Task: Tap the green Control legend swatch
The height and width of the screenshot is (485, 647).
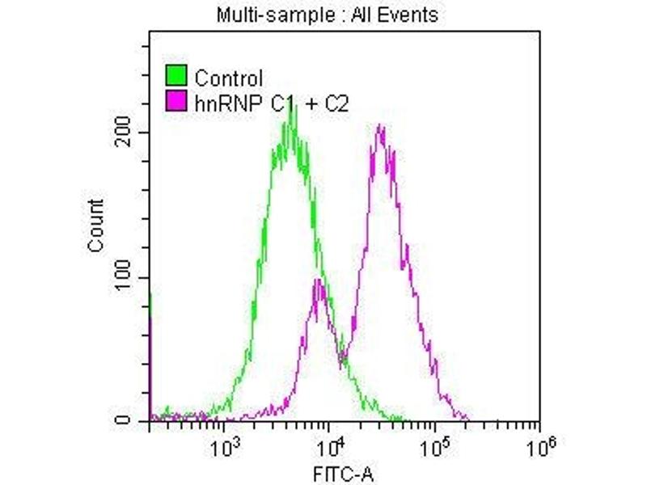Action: coord(176,76)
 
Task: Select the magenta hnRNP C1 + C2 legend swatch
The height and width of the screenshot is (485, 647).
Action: coord(176,100)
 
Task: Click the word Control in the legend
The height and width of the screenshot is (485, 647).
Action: coord(229,78)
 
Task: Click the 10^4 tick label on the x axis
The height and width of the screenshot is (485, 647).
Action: coord(329,444)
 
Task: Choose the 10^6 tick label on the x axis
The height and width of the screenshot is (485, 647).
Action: coord(539,444)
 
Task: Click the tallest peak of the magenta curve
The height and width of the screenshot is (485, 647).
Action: coord(379,126)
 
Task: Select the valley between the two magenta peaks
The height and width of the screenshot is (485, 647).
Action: coord(340,356)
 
